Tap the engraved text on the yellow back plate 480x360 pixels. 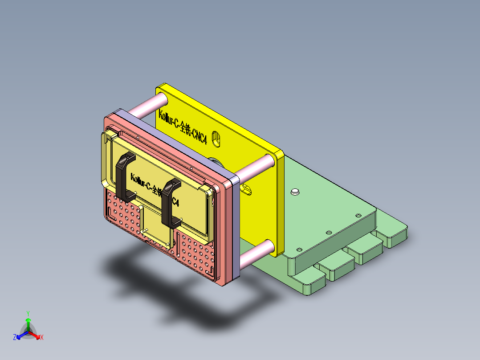click(x=183, y=130)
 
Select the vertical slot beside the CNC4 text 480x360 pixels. click(x=216, y=139)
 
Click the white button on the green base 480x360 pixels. click(x=294, y=192)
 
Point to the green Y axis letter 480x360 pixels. click(x=28, y=313)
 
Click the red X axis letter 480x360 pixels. click(x=42, y=338)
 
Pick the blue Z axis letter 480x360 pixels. click(x=15, y=338)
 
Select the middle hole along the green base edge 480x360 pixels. click(x=329, y=232)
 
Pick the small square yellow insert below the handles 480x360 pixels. click(x=157, y=227)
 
